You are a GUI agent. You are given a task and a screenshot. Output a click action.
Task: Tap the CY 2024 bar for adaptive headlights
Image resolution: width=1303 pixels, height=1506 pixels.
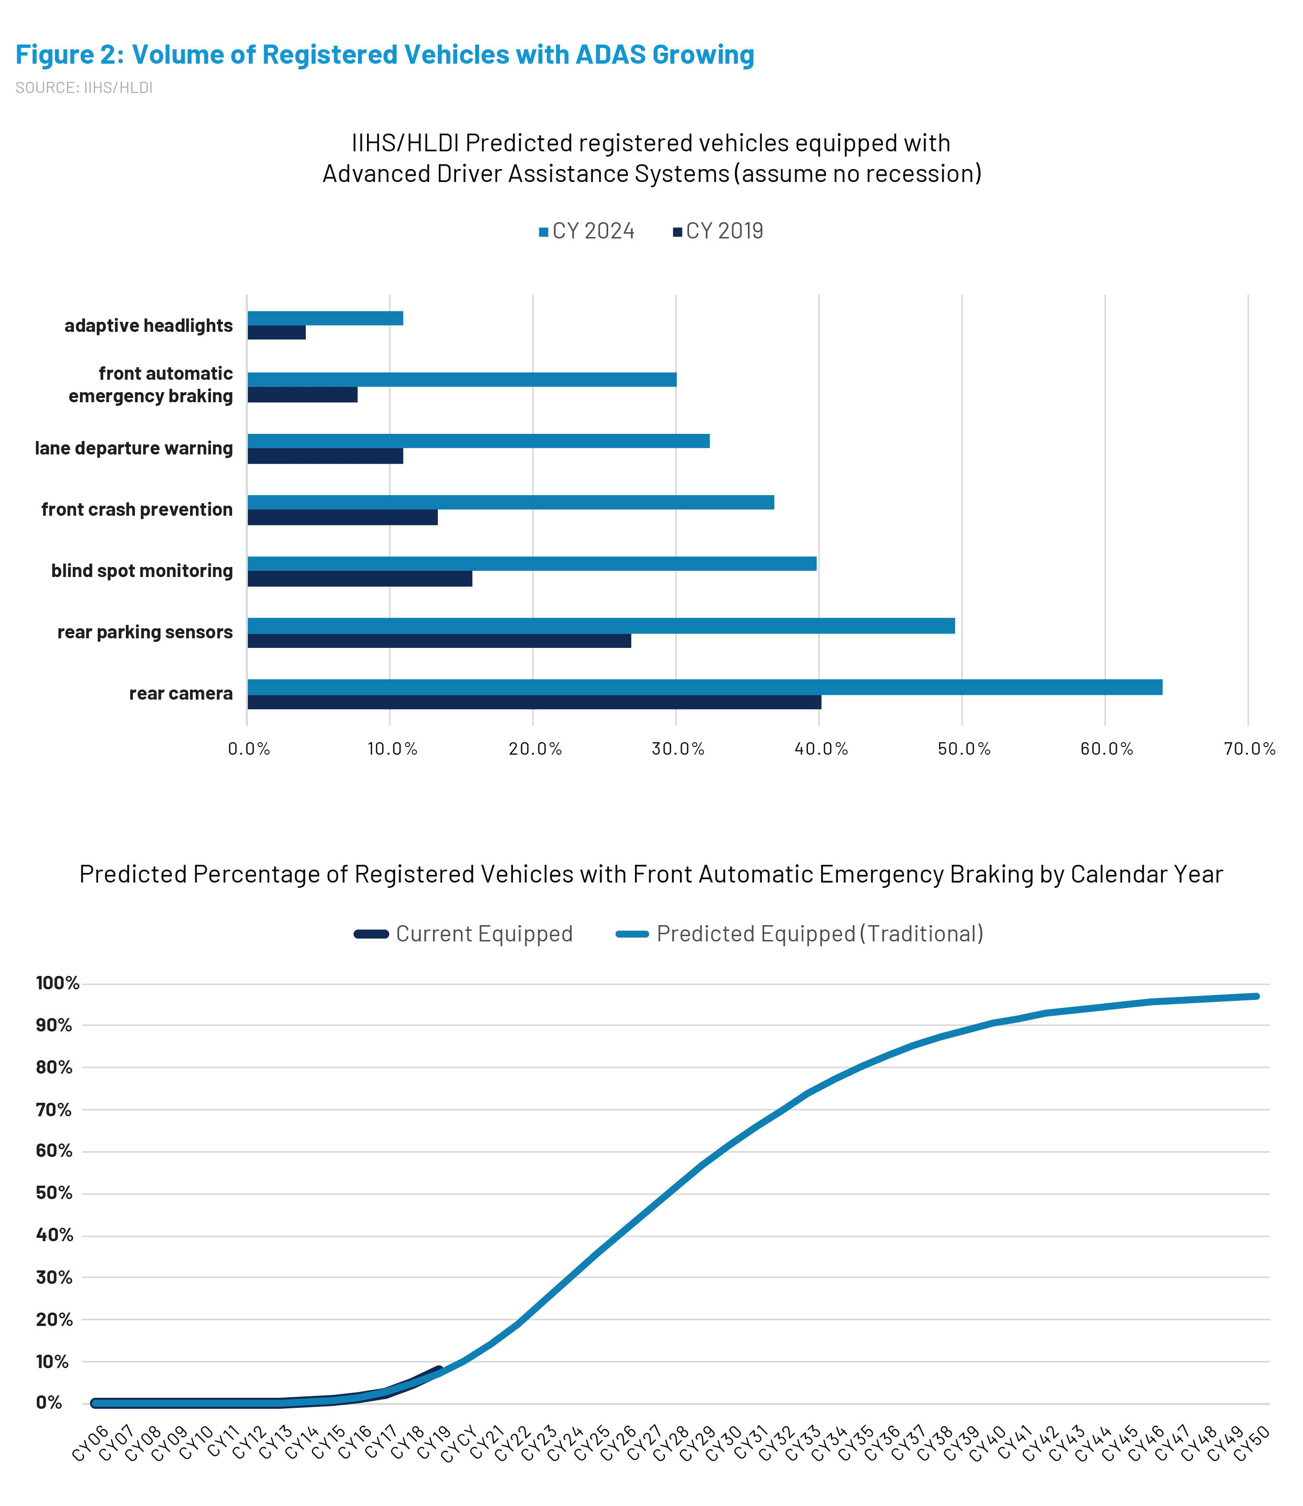(325, 318)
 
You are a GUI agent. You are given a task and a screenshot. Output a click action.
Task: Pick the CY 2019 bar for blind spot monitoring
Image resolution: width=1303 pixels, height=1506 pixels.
(360, 578)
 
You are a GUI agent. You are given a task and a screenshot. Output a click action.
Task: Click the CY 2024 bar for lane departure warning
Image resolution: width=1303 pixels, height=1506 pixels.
(479, 441)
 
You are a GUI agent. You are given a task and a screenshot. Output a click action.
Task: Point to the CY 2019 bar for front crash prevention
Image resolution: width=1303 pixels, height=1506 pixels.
(343, 517)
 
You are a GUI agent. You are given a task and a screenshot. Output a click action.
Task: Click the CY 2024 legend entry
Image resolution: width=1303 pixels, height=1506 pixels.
(587, 231)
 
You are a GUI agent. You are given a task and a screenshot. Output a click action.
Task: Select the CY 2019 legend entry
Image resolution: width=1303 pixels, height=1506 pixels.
(718, 231)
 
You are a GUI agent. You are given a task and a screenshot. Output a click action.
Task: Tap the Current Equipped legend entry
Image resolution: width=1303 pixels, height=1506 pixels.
(463, 933)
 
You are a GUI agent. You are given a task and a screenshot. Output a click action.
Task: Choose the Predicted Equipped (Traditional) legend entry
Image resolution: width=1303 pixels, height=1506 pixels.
(800, 933)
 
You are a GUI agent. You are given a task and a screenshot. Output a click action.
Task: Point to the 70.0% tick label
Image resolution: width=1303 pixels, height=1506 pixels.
(1250, 748)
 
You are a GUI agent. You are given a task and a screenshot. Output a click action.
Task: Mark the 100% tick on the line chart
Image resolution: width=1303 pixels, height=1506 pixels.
(57, 983)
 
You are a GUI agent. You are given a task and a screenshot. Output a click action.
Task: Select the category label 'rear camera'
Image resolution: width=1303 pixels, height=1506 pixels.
(181, 693)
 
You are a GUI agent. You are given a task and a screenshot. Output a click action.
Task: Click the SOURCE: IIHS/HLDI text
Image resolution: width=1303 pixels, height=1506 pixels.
(84, 88)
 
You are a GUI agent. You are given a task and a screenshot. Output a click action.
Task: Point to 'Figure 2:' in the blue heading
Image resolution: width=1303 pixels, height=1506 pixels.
(70, 55)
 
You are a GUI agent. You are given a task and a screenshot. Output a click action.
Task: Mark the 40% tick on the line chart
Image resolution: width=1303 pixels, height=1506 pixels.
(55, 1234)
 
